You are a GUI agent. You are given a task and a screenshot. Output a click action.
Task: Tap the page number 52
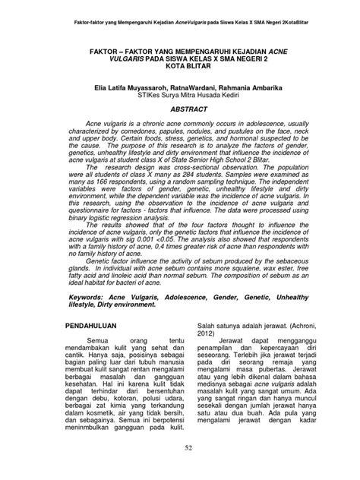pyautogui.click(x=180, y=453)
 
